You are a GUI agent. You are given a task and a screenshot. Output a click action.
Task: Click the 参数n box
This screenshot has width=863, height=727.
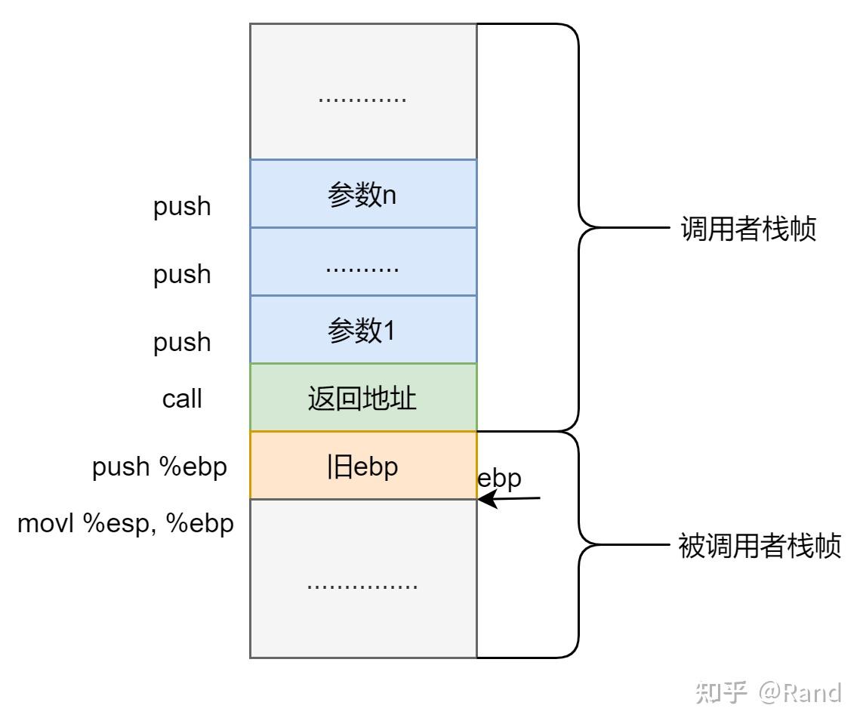tap(363, 193)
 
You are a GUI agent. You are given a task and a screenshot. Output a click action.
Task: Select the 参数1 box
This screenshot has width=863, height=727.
tap(363, 330)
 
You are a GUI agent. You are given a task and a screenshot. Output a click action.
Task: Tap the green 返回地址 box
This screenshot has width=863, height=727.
tap(363, 398)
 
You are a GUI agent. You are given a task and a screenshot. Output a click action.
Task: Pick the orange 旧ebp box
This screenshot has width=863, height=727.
tap(363, 466)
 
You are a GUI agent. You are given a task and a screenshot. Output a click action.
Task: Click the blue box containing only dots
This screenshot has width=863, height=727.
tap(363, 262)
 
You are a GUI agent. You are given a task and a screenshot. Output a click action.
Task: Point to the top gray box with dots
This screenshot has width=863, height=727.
tap(363, 91)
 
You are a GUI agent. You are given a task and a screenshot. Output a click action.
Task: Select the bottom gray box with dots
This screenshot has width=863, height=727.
tap(363, 578)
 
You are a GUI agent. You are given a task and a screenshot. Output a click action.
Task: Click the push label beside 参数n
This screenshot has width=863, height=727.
tap(182, 207)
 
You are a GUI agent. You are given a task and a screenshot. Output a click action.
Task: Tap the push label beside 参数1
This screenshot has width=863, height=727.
tap(182, 343)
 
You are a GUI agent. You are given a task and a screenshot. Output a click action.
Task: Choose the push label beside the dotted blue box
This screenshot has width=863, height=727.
tap(182, 275)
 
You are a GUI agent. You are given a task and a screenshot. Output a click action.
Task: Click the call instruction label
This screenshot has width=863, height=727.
tap(182, 399)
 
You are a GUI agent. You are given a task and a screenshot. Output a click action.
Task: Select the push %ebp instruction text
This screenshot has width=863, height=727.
tap(159, 467)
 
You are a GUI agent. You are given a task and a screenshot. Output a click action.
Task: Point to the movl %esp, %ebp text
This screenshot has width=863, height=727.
tap(125, 524)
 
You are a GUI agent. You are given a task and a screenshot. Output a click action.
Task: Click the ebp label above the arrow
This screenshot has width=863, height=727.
tap(500, 479)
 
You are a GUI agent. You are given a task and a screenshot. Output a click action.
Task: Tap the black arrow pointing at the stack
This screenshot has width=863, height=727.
tap(511, 499)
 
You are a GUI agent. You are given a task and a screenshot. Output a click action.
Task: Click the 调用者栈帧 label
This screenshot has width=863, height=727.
tap(748, 229)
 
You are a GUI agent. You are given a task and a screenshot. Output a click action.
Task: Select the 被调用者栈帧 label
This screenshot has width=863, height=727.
tap(760, 546)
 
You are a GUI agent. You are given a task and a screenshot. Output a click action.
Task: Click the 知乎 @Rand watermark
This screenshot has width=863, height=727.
tap(768, 692)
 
